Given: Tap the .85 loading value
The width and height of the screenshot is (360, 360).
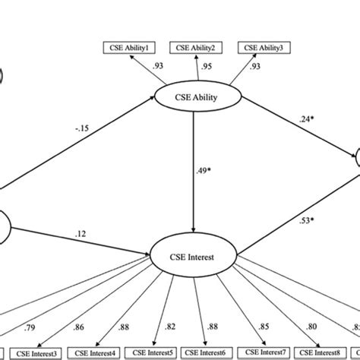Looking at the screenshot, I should (x=262, y=328).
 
